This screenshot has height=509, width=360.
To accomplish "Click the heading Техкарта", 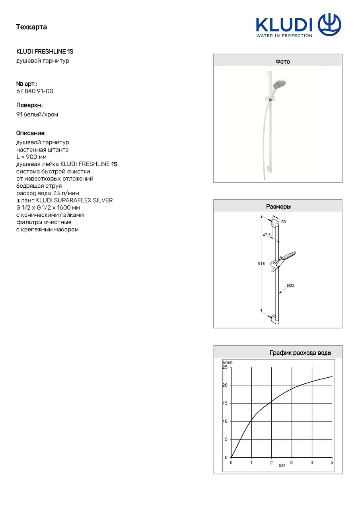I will point(31,27).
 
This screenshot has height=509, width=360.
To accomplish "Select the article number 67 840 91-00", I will point(35,91).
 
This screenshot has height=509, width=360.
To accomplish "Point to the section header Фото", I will point(282,62).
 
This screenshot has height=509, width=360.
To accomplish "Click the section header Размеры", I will point(278,207).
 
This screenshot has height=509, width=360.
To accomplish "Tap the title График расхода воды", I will point(300,353).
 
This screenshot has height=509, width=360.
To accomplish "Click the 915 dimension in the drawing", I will point(261,264).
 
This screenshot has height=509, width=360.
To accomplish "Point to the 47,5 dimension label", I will point(266,235).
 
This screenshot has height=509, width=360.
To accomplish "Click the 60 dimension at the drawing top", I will point(283,221).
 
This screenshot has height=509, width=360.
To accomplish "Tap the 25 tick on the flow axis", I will point(225,367).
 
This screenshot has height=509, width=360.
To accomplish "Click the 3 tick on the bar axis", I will point(291,462).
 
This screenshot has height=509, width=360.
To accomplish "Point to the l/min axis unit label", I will point(228,362).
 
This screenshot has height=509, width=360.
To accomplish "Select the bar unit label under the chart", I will point(282,465).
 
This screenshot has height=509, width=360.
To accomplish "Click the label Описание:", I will point(31,133).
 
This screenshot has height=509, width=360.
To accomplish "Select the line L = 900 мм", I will point(31,157).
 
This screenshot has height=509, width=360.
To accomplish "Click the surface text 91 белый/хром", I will point(37,115).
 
